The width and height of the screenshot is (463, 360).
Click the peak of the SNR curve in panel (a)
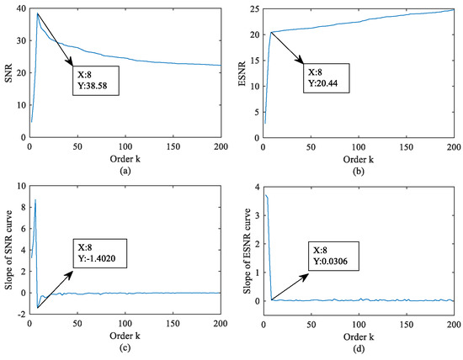(x=37, y=13)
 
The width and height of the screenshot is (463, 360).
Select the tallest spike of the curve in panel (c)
(x=35, y=199)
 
